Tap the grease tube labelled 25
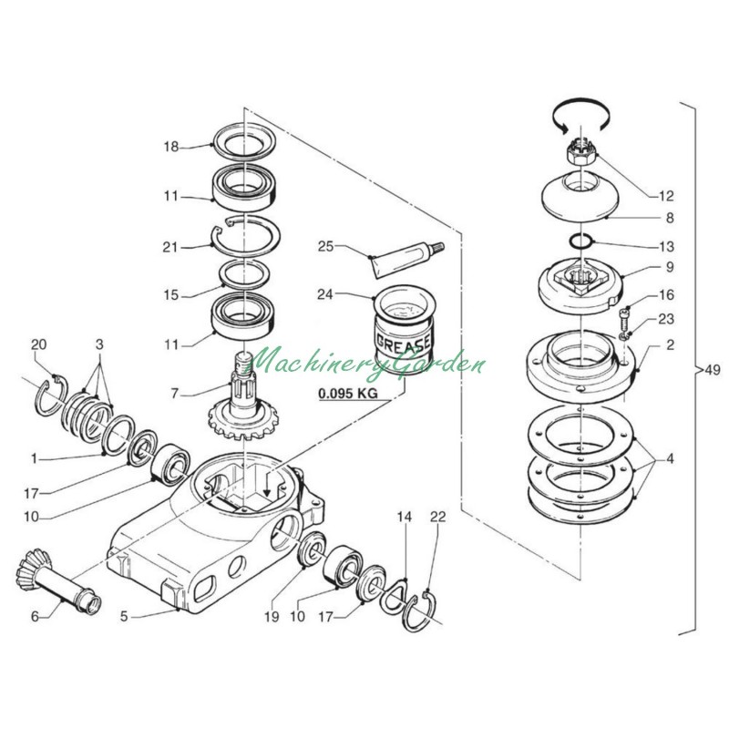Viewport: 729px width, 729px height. tap(406, 260)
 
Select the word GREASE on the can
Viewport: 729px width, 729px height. tap(403, 344)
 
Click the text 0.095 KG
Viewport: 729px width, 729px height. tap(348, 394)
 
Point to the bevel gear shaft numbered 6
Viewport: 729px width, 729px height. tap(58, 580)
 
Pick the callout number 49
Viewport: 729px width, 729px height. tap(712, 370)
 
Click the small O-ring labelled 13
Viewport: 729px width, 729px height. tap(581, 242)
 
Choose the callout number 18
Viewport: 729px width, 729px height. tap(170, 147)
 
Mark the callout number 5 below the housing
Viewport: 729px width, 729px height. tap(124, 617)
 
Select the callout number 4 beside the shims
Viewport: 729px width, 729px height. tap(669, 458)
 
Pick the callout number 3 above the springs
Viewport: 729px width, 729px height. tap(99, 344)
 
